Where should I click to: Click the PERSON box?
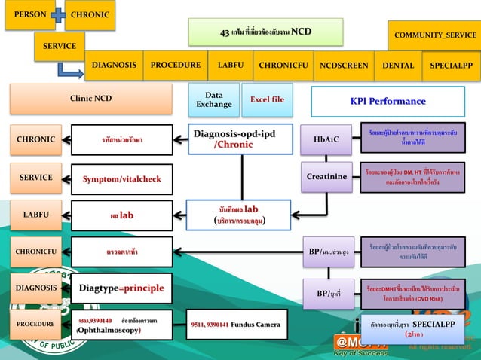click(29, 15)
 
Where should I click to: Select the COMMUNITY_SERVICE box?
click(435, 35)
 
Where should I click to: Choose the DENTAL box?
click(399, 66)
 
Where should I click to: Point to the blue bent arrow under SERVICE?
click(71, 71)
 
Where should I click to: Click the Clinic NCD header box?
click(90, 99)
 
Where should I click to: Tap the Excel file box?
click(267, 99)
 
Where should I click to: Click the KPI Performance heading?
click(388, 101)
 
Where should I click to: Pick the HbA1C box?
click(326, 139)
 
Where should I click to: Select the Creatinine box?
click(326, 177)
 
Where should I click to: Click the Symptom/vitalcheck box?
click(121, 178)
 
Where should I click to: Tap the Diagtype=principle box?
click(121, 288)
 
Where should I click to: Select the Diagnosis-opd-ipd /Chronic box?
click(234, 139)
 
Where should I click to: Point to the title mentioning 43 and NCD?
click(265, 32)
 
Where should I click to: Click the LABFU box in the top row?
click(230, 66)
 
